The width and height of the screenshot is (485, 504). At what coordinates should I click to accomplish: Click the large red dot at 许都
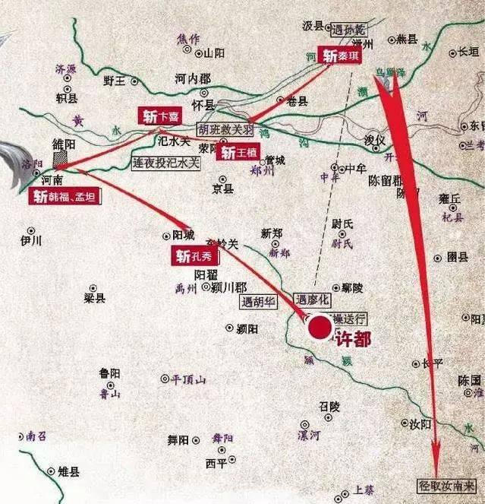pos(320,328)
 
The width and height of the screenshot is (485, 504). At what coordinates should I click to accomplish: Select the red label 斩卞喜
pos(160,116)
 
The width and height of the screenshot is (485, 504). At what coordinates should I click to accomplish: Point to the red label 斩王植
pos(239,152)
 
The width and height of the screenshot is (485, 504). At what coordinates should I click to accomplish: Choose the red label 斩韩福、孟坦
pos(66,196)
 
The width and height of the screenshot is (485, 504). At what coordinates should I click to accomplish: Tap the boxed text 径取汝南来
pos(447,484)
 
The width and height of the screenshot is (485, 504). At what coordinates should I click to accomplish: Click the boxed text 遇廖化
pos(313,300)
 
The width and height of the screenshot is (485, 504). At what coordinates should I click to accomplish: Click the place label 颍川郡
pos(228,287)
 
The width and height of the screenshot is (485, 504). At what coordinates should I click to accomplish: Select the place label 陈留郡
pos(389,181)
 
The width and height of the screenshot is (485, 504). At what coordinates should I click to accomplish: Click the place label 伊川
pos(31,240)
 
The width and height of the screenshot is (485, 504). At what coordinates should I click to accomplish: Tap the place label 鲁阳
pos(109,372)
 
